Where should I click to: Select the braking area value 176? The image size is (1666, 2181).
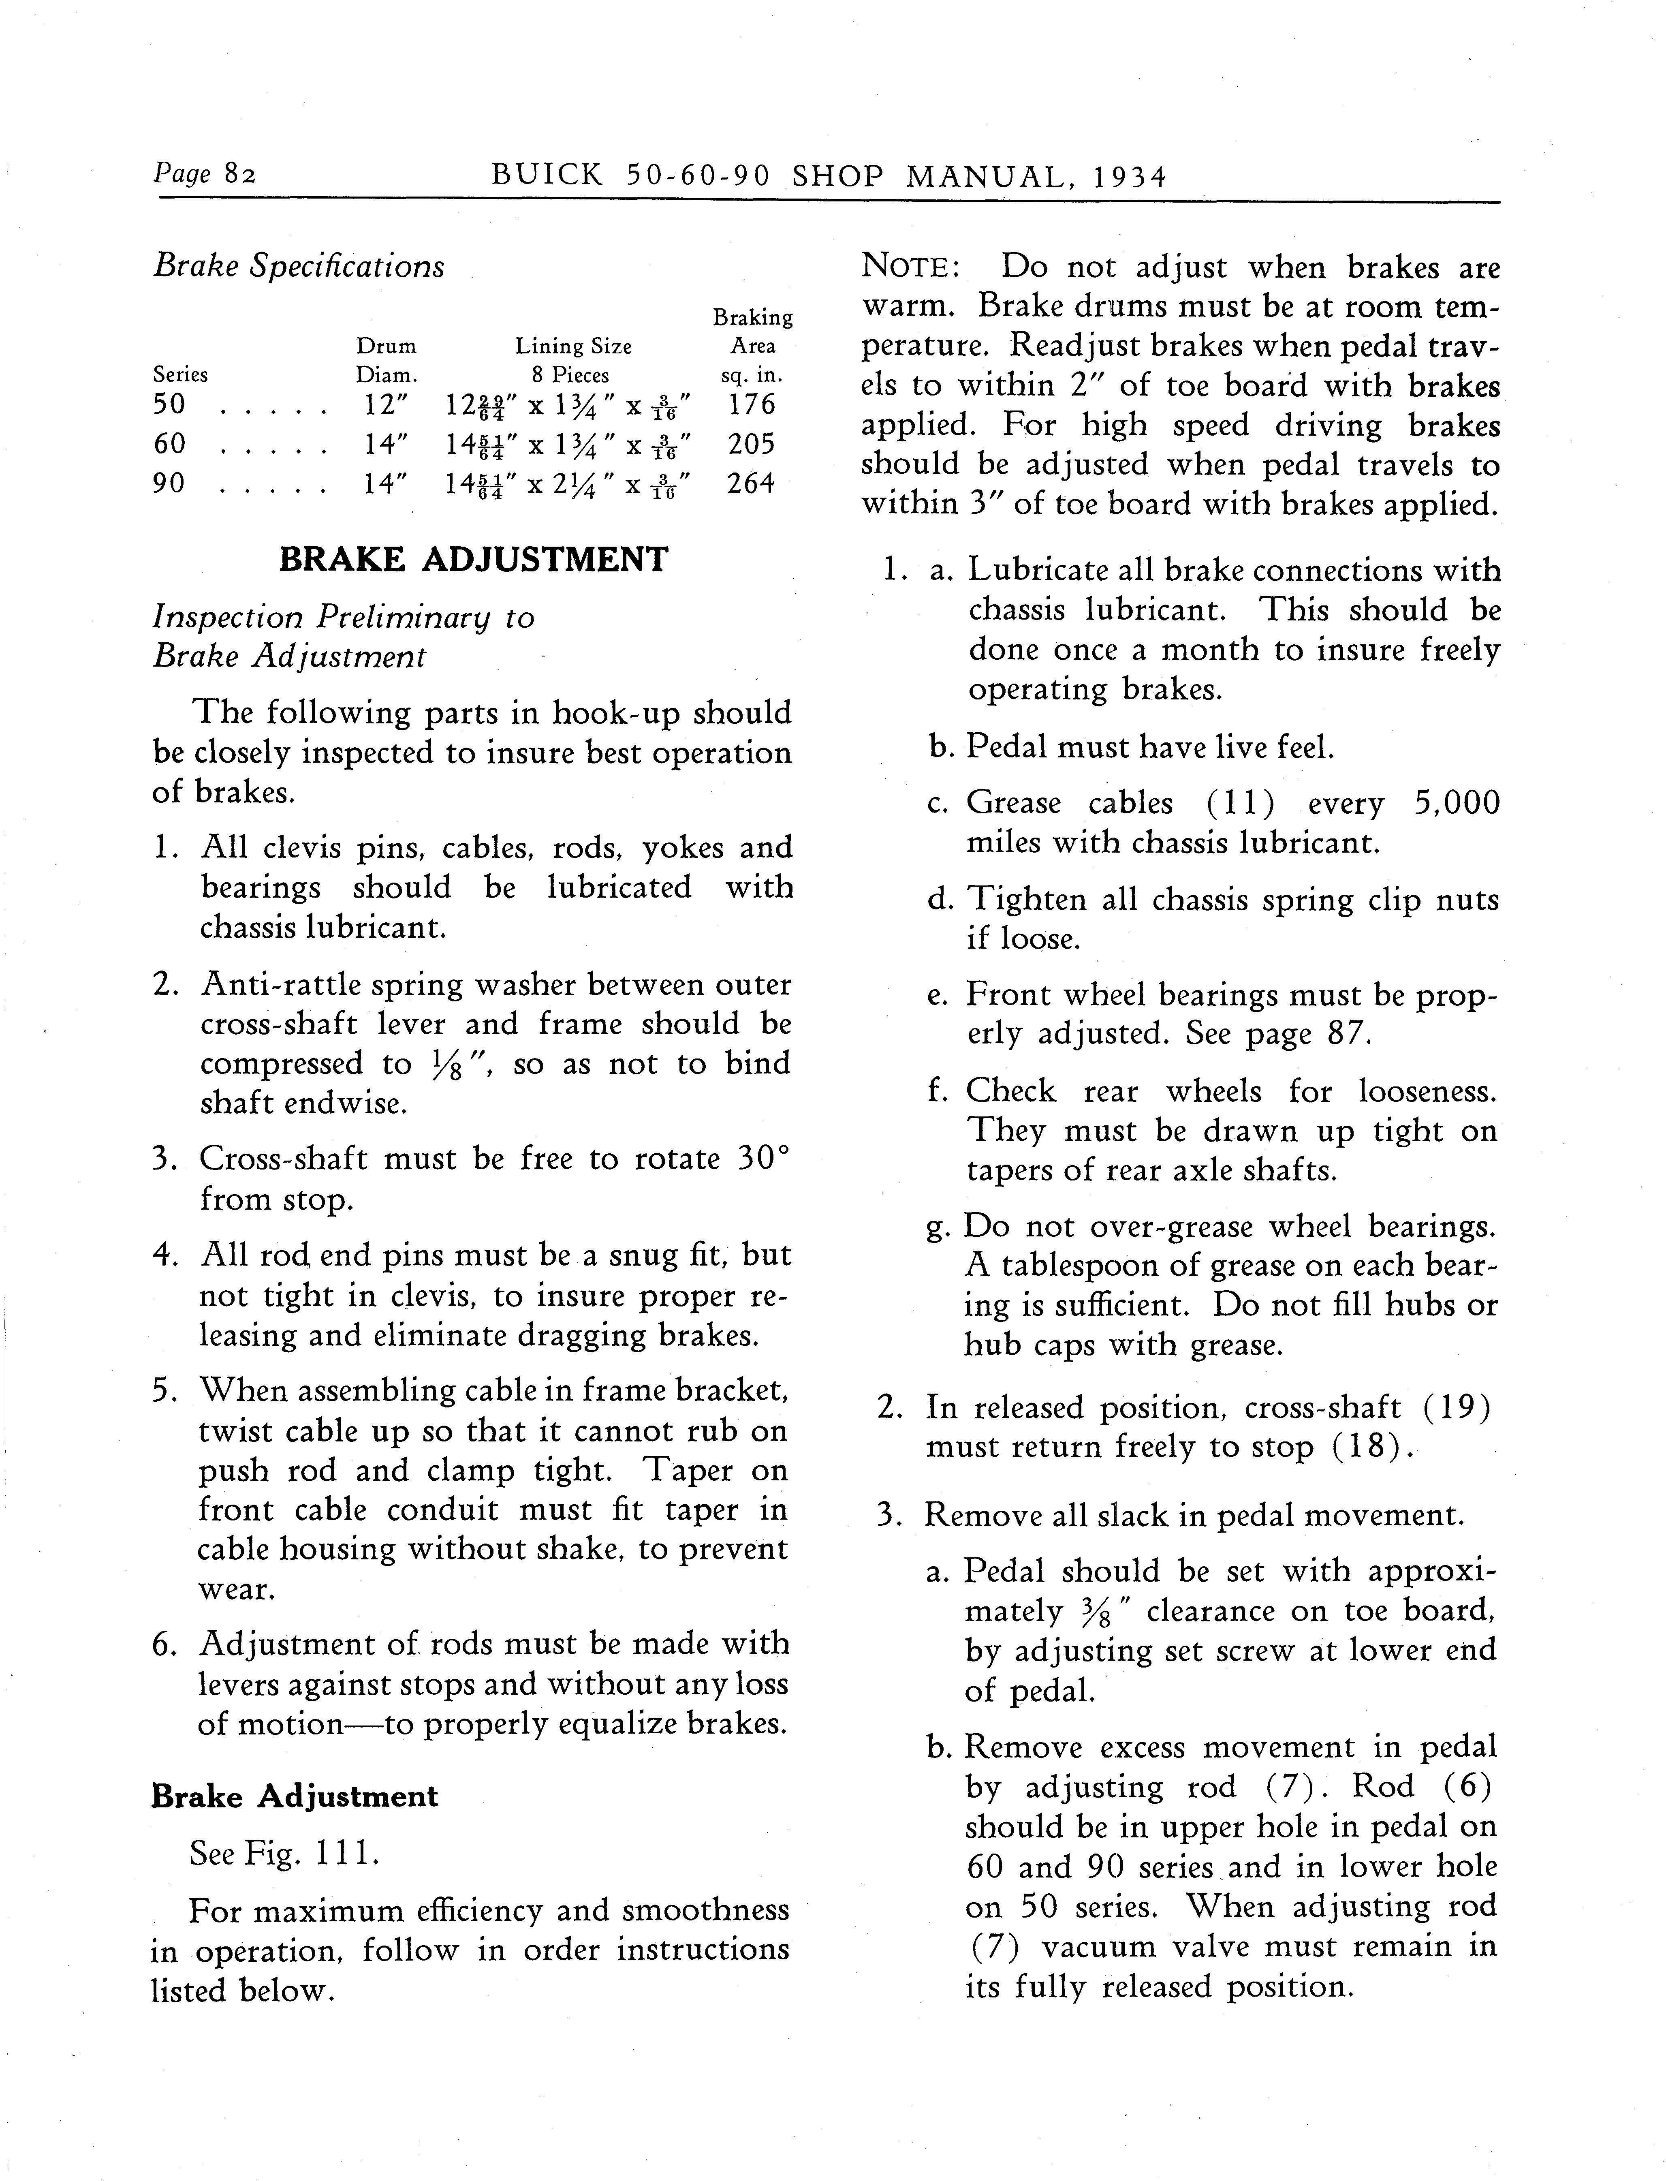pos(751,405)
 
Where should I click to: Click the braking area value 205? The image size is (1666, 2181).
pos(751,444)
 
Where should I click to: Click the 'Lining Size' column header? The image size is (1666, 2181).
pos(573,346)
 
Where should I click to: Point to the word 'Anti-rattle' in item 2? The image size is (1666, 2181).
pos(283,985)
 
